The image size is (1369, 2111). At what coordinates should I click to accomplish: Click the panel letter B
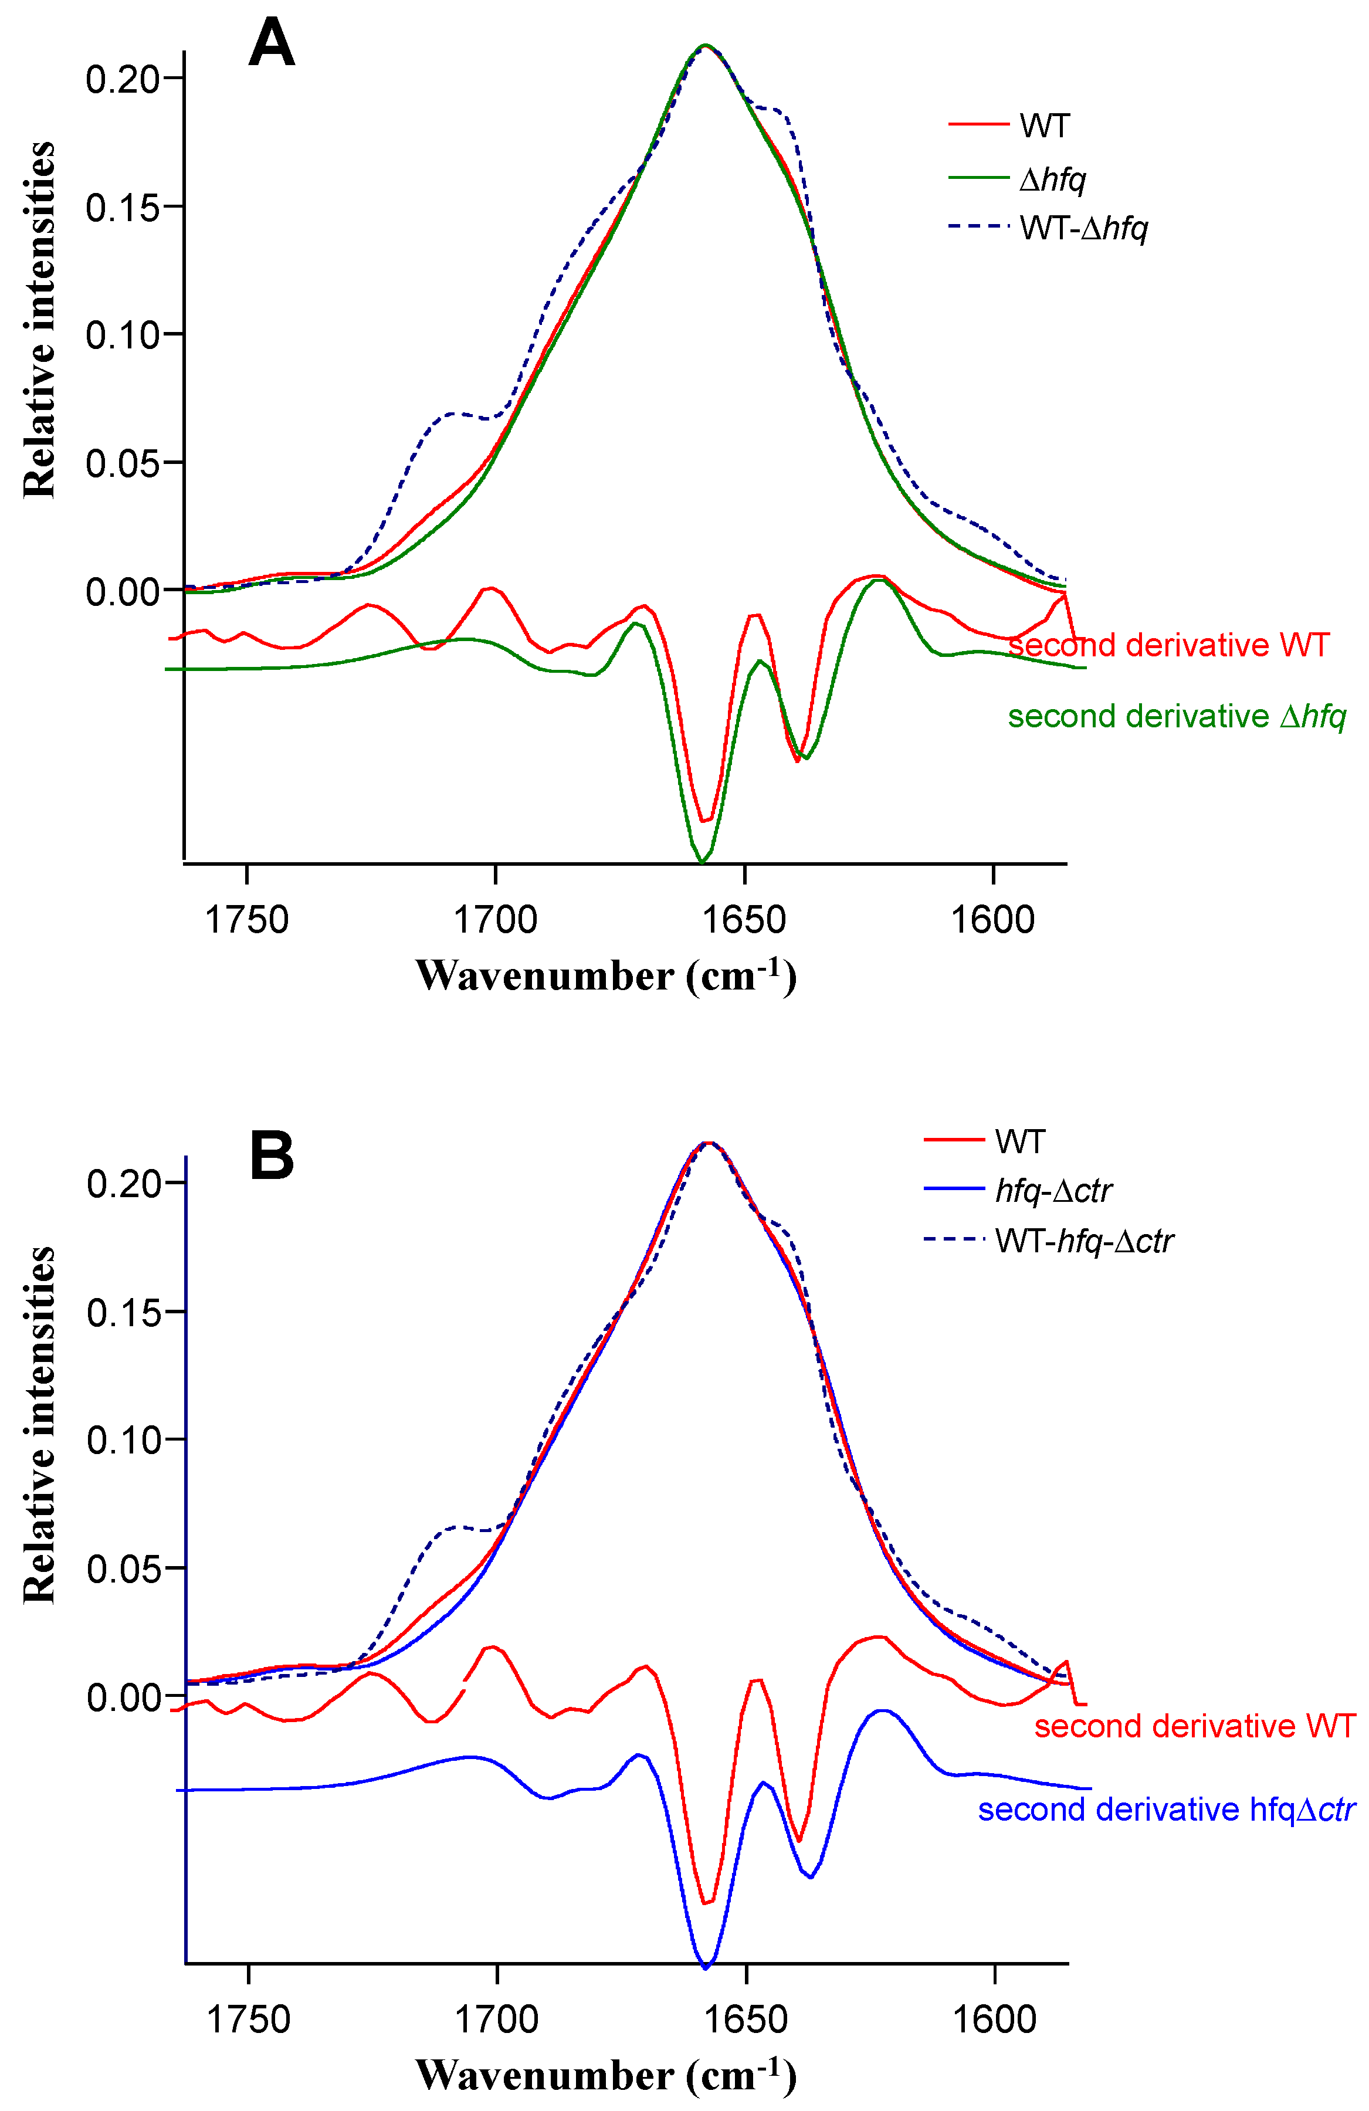coord(272,1157)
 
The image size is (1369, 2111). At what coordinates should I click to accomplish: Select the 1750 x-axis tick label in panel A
coord(247,920)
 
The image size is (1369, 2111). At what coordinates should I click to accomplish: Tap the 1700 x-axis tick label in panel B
coord(496,2019)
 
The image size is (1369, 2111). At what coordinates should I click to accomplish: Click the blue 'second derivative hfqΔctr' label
coord(1166,1810)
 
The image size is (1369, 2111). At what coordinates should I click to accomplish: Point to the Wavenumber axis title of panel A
coord(606,975)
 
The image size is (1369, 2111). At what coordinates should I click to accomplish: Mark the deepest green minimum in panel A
coord(701,860)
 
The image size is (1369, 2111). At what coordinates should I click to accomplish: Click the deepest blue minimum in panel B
coord(706,1967)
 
